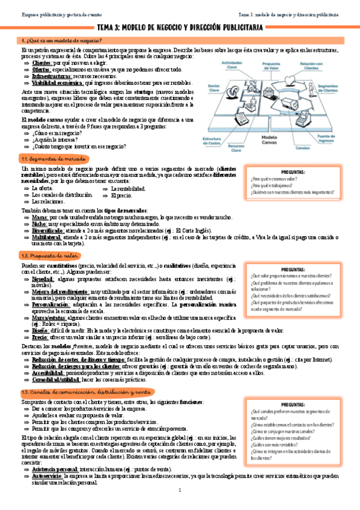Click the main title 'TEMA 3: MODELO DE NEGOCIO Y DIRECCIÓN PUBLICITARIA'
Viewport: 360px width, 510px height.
pos(180,28)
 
